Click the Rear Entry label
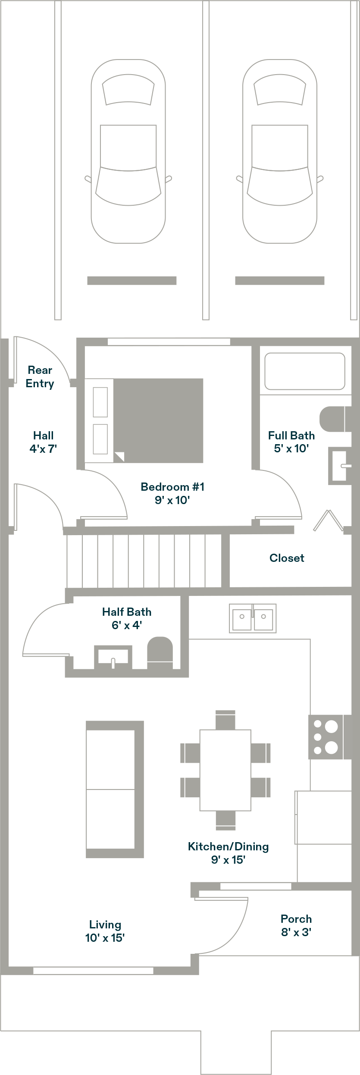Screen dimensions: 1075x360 coord(40,376)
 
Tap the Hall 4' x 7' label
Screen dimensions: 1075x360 coord(43,442)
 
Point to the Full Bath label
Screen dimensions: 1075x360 coord(291,442)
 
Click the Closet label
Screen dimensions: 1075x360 coord(287,558)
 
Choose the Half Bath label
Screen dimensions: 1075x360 coord(127,617)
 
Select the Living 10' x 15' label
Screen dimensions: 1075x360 coord(105,931)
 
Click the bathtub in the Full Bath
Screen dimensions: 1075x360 coord(304,371)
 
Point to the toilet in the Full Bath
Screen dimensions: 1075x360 coord(333,419)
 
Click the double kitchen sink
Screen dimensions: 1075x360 coord(253,618)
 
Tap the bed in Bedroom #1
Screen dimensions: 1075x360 coord(144,420)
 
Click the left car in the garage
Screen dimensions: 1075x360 coord(128,152)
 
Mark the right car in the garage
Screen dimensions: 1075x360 coord(279,152)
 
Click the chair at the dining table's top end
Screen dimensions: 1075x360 coord(225,719)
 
